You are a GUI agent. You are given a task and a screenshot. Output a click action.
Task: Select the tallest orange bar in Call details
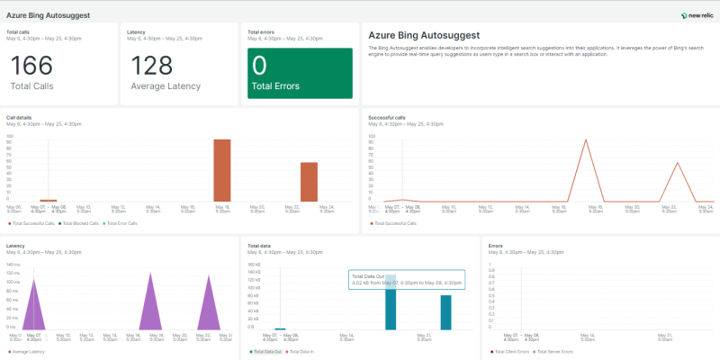pyautogui.click(x=221, y=170)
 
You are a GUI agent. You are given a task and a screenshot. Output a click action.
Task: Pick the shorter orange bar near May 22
pyautogui.click(x=309, y=181)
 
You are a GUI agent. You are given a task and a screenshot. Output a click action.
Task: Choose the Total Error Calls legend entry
pyautogui.click(x=122, y=222)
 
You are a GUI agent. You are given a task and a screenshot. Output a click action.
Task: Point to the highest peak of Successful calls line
pyautogui.click(x=585, y=140)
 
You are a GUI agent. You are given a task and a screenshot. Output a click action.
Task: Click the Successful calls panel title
pyautogui.click(x=387, y=117)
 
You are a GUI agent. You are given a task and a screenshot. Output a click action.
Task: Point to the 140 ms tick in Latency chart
pyautogui.click(x=13, y=265)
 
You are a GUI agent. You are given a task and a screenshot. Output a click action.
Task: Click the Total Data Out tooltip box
pyautogui.click(x=405, y=280)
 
